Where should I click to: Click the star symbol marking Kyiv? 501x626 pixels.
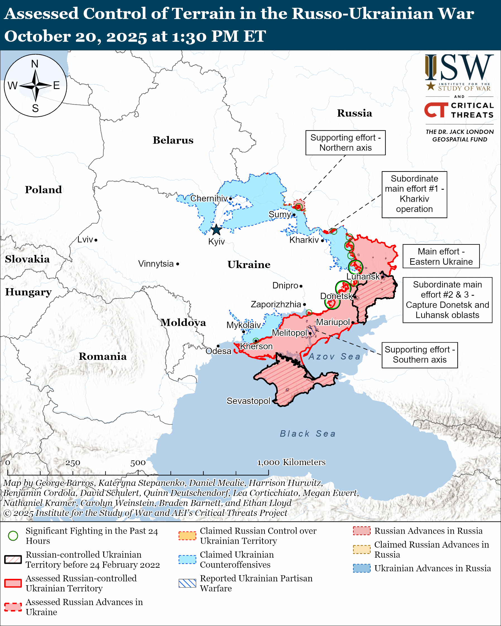[216, 230]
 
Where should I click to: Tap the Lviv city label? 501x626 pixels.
[85, 240]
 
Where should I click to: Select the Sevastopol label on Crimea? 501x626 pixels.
[248, 401]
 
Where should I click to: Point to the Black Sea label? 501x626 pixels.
[308, 434]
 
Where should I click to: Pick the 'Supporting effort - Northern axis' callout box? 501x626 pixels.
[345, 143]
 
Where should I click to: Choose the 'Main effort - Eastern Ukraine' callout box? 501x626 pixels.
[441, 256]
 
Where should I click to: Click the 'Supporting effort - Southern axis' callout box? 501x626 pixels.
[420, 355]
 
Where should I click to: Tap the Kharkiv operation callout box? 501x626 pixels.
[414, 194]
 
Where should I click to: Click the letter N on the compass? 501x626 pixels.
[35, 64]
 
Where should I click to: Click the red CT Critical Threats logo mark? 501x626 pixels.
[436, 110]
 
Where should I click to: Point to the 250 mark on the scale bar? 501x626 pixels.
[73, 463]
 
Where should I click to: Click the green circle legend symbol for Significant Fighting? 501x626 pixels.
[13, 536]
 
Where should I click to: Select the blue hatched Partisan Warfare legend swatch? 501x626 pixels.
[187, 583]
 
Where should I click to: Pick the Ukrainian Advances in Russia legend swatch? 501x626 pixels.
[362, 568]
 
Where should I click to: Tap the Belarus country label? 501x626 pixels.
[173, 140]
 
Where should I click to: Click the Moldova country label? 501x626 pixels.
[183, 322]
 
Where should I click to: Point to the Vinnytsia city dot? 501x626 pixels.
[178, 264]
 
